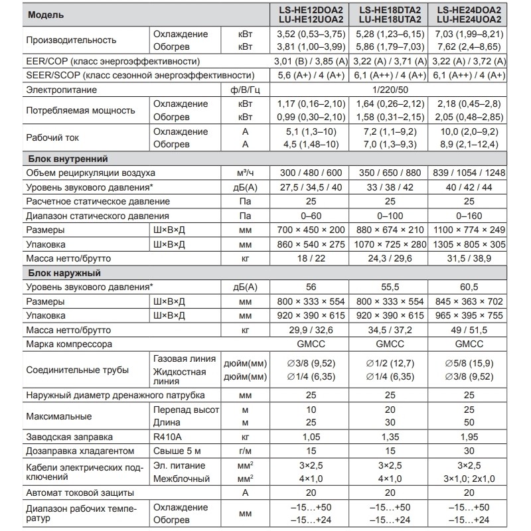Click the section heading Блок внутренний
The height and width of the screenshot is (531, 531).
(x=68, y=159)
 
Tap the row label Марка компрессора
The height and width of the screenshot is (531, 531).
(x=69, y=344)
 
